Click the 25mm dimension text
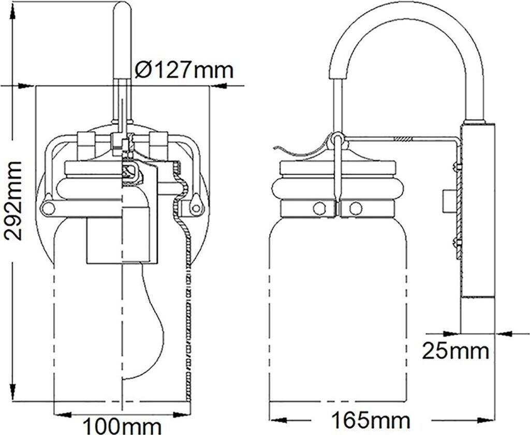[x=455, y=351]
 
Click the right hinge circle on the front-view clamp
[x=196, y=208]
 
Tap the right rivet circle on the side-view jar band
[x=355, y=208]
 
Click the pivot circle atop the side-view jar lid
[x=337, y=138]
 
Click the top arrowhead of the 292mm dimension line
[x=22, y=85]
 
